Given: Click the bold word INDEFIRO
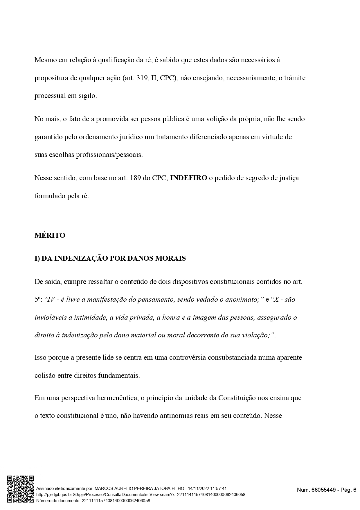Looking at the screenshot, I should (188, 178).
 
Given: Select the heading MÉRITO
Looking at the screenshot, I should (50, 235).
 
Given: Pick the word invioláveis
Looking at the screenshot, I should (50, 317).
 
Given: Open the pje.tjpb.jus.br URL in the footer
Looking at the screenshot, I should (141, 495).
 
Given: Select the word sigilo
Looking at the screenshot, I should (87, 96).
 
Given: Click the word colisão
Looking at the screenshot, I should (45, 375).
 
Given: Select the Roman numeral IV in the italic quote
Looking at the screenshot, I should (51, 299).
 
